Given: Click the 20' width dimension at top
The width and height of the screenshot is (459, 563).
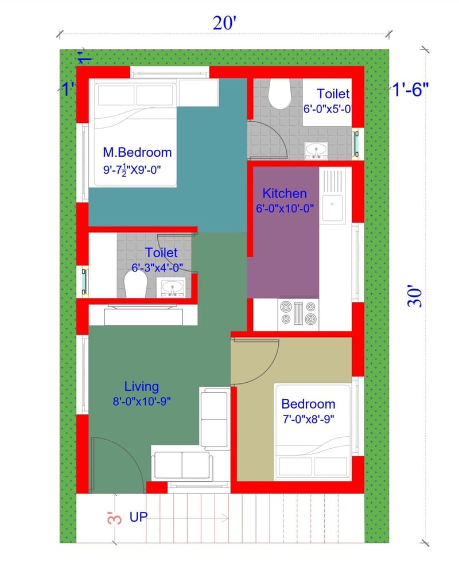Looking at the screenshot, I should (x=225, y=24).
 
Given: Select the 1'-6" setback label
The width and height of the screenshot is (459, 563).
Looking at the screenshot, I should (x=411, y=90).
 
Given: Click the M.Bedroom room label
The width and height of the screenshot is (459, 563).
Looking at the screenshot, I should (x=137, y=153).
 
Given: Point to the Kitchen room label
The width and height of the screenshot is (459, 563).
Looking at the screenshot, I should (x=285, y=193).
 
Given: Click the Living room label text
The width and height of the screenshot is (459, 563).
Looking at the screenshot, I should (x=141, y=387).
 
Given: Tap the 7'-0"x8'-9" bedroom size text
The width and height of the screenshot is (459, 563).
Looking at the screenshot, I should (x=308, y=419).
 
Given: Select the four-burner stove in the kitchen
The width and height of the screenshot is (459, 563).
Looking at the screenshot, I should (x=298, y=313).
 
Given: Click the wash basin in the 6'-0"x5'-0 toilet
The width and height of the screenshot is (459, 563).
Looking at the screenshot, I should (x=316, y=150).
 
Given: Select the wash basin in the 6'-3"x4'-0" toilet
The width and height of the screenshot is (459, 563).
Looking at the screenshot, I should (x=170, y=287).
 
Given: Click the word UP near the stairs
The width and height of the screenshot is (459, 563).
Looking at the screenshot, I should (x=138, y=517).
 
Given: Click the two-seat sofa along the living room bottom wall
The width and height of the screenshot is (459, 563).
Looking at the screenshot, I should (x=182, y=464).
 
